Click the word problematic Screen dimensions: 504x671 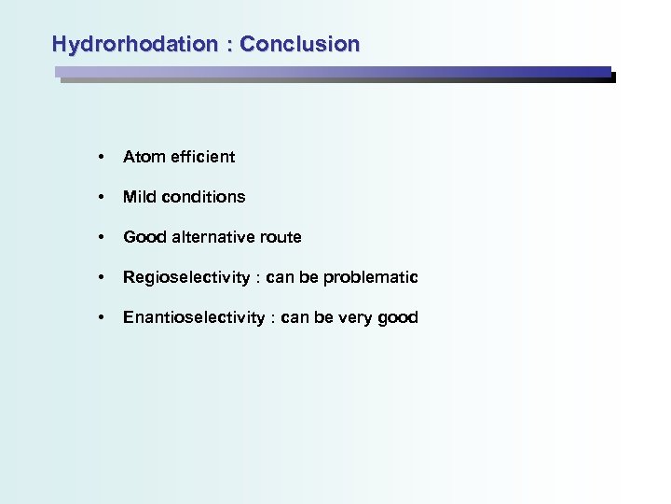(x=377, y=277)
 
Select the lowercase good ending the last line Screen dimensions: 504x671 (x=399, y=318)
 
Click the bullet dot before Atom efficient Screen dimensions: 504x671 (x=100, y=157)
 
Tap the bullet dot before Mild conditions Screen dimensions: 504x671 (x=100, y=197)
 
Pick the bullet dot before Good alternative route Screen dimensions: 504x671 (x=100, y=237)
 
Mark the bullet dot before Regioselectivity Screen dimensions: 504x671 (x=100, y=277)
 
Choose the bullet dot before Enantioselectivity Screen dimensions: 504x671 (x=100, y=317)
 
